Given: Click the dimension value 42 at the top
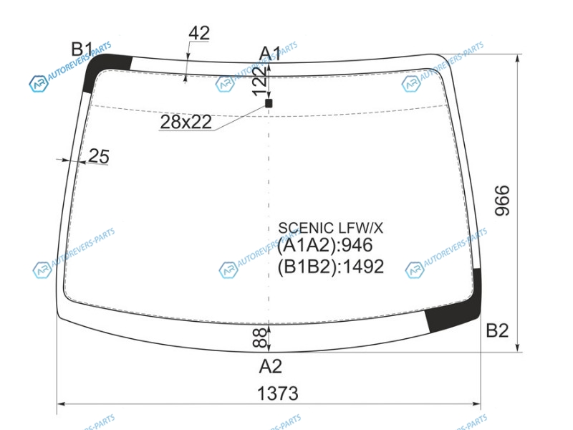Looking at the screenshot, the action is pyautogui.click(x=199, y=33).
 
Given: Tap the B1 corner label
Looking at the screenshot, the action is pyautogui.click(x=82, y=49).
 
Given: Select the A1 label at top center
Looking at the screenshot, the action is pyautogui.click(x=270, y=54).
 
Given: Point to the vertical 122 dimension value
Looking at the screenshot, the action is pyautogui.click(x=261, y=81).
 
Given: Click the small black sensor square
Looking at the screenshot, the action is pyautogui.click(x=269, y=103).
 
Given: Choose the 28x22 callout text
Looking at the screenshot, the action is pyautogui.click(x=186, y=122).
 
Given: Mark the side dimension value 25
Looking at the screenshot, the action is pyautogui.click(x=99, y=156).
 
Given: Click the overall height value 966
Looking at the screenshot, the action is pyautogui.click(x=502, y=201).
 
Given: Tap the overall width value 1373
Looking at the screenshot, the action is pyautogui.click(x=278, y=393).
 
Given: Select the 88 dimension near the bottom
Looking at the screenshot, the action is pyautogui.click(x=260, y=337).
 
